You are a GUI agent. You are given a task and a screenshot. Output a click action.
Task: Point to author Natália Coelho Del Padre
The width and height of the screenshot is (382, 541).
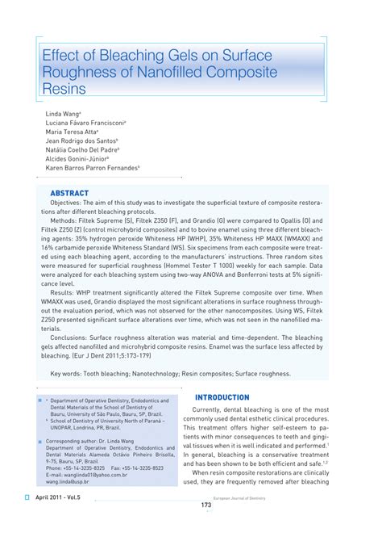(82, 149)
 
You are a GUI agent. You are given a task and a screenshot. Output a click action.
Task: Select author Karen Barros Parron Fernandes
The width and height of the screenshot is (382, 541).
(92, 167)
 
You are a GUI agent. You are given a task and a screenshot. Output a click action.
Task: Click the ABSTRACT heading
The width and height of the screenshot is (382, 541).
(69, 194)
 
